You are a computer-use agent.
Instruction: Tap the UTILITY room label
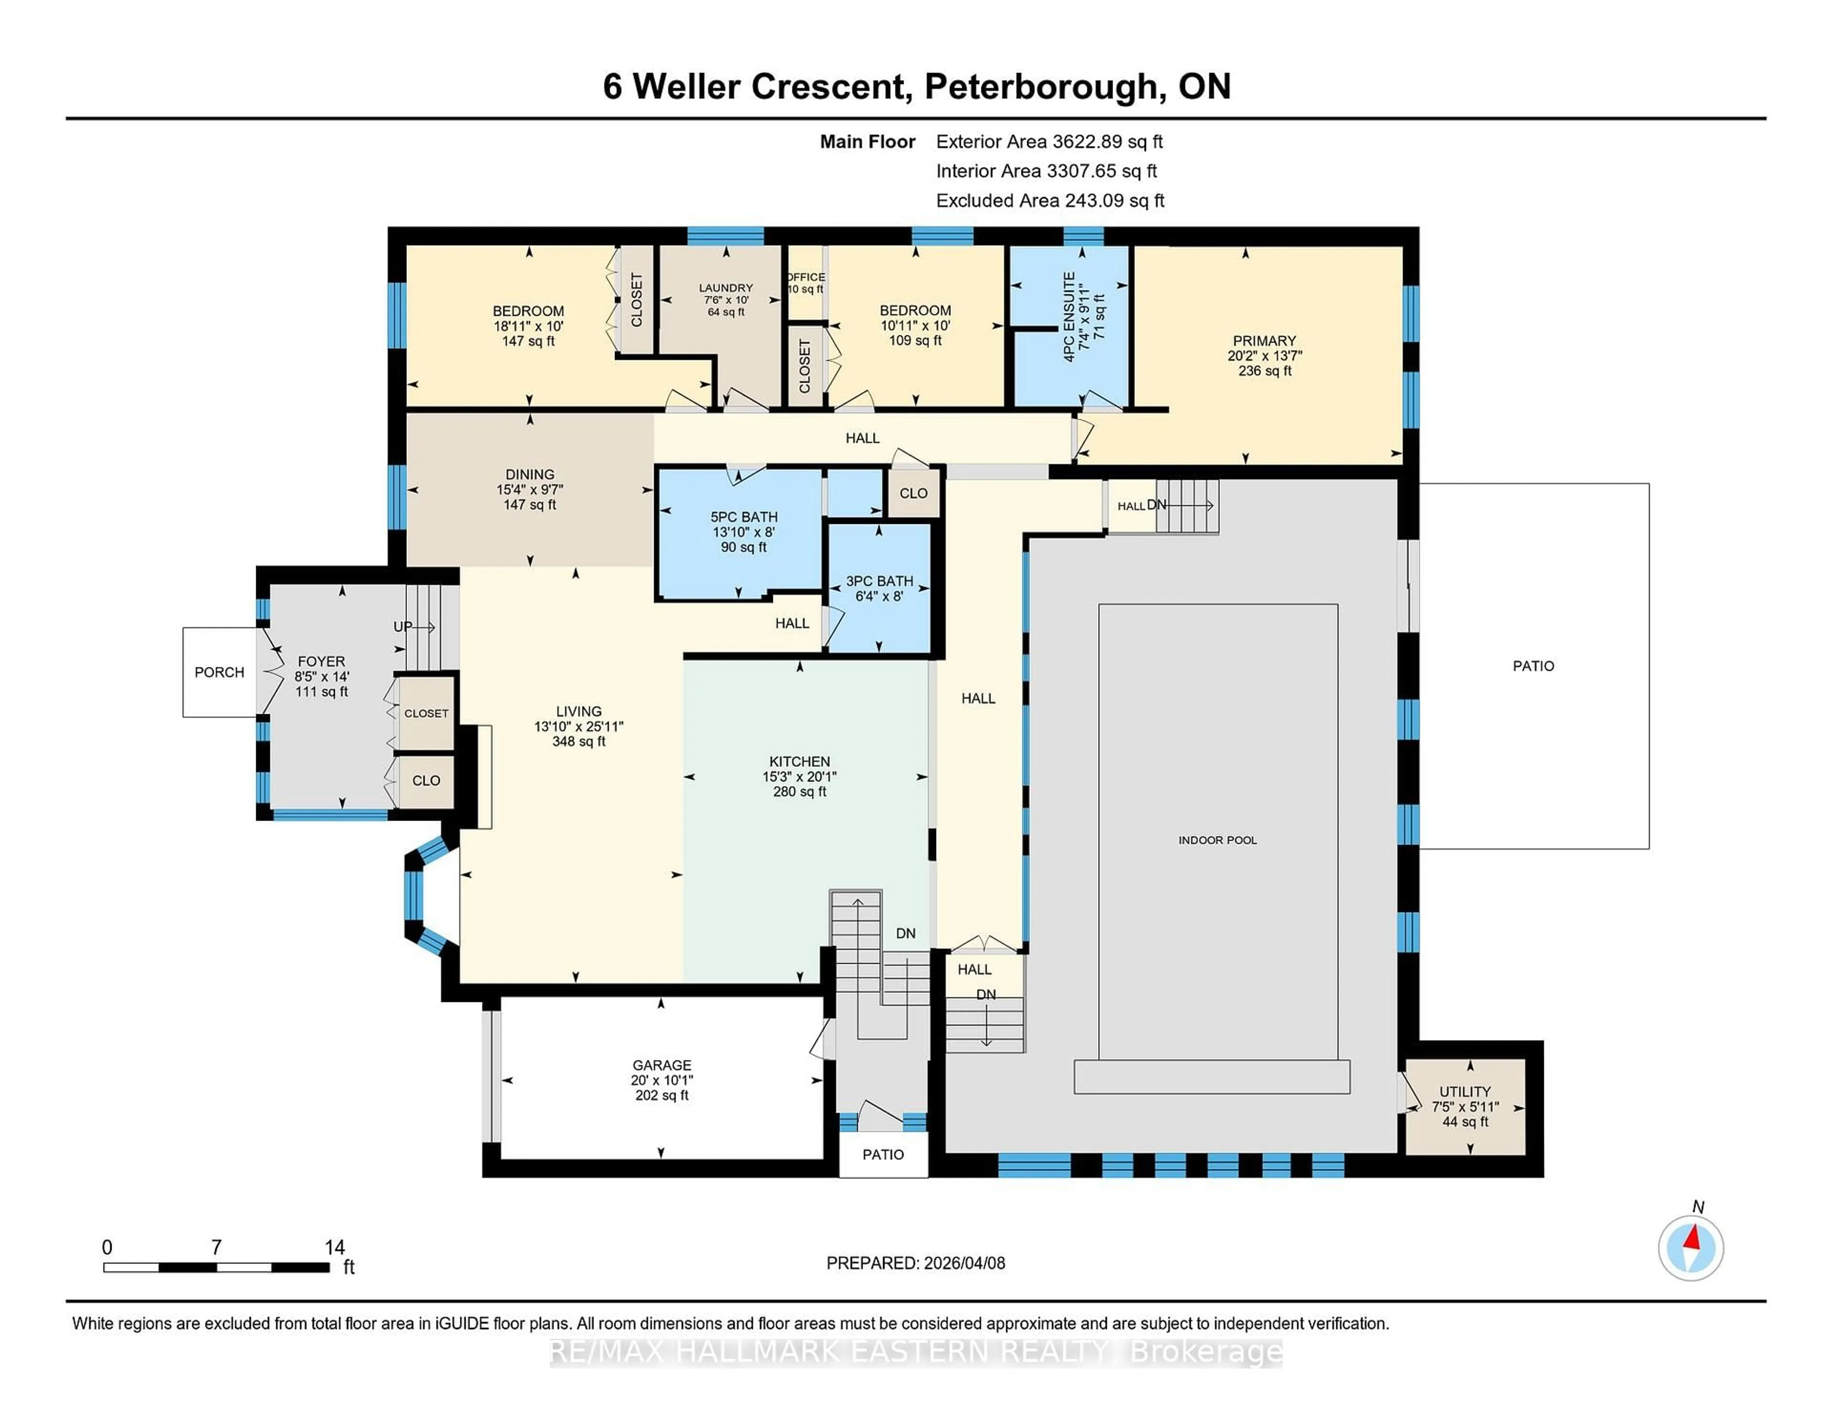tap(1465, 1092)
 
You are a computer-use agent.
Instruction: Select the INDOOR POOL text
tap(1217, 840)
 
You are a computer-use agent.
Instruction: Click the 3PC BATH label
tap(879, 581)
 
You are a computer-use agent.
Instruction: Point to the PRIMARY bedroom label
tap(1264, 341)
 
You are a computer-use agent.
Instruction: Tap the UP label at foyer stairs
tap(403, 626)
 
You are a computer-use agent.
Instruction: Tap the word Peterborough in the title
tap(1042, 86)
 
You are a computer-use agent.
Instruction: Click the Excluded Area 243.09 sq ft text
tap(1050, 200)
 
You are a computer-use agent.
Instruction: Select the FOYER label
tap(321, 661)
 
